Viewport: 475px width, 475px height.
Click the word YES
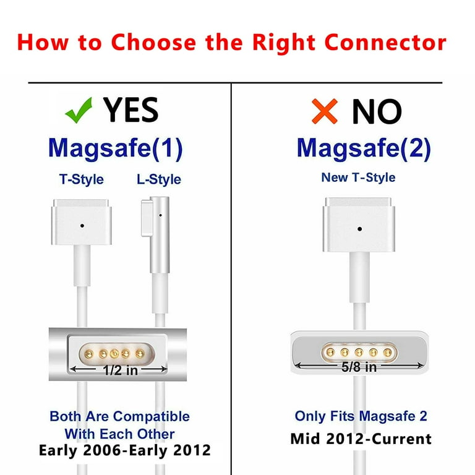point(131,110)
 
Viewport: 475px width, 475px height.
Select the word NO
point(377,112)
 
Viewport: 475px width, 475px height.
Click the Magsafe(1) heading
point(115,148)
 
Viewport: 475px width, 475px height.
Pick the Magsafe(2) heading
point(364,148)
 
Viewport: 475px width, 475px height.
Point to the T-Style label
point(81,179)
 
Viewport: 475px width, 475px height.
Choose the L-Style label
point(159,179)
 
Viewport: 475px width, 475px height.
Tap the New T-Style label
point(358,178)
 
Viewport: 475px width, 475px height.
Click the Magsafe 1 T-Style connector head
point(82,220)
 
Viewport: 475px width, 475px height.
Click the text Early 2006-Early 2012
point(124,450)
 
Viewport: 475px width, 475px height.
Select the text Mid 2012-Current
point(361,439)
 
